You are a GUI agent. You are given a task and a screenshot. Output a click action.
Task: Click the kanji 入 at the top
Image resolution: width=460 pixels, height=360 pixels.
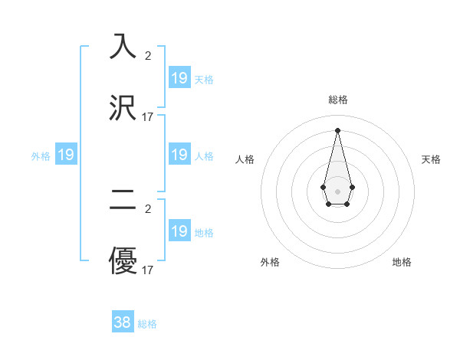123,47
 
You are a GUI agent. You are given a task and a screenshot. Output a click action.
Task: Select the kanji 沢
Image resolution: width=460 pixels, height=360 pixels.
123,108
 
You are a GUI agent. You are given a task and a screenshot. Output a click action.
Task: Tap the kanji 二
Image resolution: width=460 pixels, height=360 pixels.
123,200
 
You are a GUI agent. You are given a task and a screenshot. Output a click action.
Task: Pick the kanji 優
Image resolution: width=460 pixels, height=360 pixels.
123,261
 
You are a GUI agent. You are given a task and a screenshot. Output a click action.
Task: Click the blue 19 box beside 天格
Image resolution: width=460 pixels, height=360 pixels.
179,78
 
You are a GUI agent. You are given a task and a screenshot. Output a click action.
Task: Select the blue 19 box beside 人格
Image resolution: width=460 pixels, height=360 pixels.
179,155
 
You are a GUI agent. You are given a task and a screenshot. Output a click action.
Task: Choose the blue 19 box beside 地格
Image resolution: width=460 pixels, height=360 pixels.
179,231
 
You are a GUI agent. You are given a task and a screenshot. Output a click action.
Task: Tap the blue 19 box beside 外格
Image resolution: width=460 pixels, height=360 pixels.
66,155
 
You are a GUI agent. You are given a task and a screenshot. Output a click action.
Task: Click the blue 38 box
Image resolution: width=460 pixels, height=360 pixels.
123,322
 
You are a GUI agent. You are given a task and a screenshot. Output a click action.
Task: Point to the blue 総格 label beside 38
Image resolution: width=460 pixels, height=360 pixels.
147,324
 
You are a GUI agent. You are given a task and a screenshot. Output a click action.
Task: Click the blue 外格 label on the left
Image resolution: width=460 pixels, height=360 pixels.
41,156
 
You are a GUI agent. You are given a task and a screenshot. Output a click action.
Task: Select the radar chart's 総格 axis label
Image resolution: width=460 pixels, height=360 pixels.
337,100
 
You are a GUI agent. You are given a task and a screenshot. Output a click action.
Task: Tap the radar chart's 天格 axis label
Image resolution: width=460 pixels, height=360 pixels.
432,159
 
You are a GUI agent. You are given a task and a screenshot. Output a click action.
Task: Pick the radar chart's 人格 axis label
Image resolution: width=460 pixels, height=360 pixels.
245,159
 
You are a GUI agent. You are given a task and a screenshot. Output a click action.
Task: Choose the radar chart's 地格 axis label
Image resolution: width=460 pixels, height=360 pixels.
402,262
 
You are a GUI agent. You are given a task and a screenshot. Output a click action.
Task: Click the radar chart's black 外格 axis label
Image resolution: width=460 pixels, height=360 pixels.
270,262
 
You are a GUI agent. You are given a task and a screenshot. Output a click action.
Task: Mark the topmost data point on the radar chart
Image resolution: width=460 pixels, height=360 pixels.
337,129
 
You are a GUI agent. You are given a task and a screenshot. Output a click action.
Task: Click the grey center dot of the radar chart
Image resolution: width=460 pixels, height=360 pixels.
337,190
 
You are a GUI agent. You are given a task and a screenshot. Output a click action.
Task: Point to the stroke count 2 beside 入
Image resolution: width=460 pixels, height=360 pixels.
148,56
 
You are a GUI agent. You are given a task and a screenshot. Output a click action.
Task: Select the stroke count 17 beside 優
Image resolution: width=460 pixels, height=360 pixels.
148,270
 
